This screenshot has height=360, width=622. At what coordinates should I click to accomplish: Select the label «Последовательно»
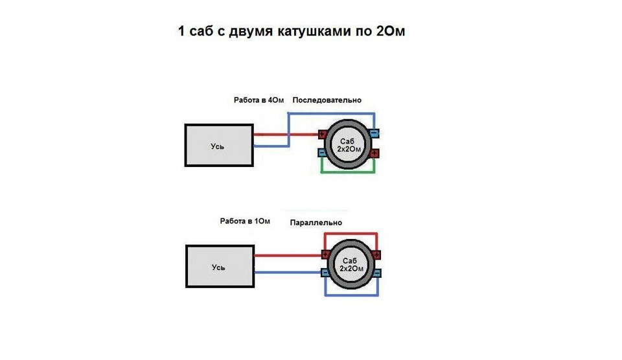pos(327,100)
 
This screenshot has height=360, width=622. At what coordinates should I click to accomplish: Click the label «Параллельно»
pos(316,223)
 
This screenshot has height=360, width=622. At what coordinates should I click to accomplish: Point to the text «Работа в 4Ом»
pos(259,100)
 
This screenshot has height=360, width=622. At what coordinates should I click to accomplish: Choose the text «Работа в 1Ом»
pos(245,221)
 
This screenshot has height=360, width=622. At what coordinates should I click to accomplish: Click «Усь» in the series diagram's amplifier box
pos(218,146)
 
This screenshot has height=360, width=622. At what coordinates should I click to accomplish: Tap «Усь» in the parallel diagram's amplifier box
pos(218,267)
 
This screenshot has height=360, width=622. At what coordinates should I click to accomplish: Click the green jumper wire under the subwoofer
pos(348,172)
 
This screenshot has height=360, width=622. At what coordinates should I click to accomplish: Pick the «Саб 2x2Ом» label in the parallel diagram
pos(351,264)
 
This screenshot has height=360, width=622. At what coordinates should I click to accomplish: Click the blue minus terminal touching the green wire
pos(322,152)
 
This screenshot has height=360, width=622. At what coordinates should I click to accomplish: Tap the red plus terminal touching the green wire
pos(374,153)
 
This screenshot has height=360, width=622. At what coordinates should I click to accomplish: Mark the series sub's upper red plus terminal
pos(323,135)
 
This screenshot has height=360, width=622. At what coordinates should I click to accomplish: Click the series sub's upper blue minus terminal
pos(374,133)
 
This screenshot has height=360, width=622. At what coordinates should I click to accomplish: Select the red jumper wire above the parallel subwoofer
pos(351,234)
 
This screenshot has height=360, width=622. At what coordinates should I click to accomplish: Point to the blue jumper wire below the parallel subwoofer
pos(351,295)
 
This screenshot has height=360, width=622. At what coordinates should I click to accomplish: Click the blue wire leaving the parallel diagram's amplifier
pos(288,273)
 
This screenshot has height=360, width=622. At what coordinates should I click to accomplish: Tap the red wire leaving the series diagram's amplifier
pos(286,135)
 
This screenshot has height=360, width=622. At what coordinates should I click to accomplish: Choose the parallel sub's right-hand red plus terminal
pos(376,255)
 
